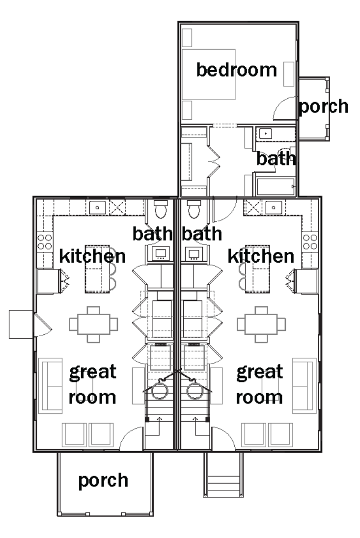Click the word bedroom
point(236,70)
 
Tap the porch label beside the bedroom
point(324,107)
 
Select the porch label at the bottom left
point(103,481)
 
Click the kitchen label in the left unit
point(92,256)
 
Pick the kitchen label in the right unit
point(261,256)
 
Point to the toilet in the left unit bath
point(161,209)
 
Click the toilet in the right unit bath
point(194,209)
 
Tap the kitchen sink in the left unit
point(98,207)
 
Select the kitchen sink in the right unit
point(274,207)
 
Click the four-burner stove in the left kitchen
point(45,242)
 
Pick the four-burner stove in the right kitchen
point(310,242)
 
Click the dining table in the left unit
point(93,324)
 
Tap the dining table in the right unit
point(261,324)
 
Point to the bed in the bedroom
point(208,75)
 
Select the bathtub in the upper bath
point(275,187)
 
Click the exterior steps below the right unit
point(223,475)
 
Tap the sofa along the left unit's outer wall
point(51,386)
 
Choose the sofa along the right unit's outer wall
point(305,386)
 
